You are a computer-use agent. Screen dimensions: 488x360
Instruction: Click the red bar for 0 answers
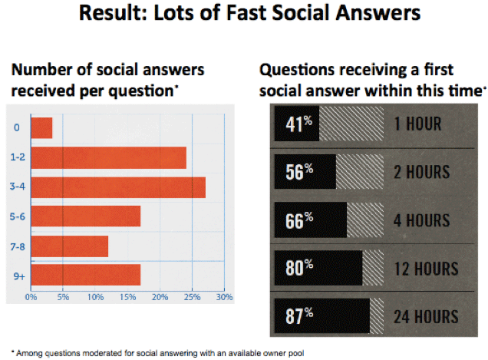(41, 127)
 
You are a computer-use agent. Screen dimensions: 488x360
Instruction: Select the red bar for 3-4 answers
(118, 187)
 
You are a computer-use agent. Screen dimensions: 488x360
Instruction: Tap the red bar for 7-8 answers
(70, 246)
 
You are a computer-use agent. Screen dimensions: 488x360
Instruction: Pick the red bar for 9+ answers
(86, 275)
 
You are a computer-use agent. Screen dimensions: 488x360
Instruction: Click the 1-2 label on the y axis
(18, 157)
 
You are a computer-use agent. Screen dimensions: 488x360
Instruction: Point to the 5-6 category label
(18, 216)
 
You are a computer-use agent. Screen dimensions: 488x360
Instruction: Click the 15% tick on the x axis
(127, 297)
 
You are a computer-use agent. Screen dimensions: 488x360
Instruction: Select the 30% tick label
(224, 297)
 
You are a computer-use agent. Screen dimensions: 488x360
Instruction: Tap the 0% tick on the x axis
(31, 297)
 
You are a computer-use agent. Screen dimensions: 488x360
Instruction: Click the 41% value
(298, 124)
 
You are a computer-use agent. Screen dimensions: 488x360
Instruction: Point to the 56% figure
(299, 172)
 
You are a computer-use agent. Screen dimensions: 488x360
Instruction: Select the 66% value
(299, 220)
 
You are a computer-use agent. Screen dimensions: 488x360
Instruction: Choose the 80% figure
(299, 268)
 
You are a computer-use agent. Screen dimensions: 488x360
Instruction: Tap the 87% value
(299, 316)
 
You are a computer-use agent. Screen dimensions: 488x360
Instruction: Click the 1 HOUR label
(417, 124)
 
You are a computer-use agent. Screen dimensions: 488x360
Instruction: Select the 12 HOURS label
(427, 269)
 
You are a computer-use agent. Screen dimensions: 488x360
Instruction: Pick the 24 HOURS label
(426, 317)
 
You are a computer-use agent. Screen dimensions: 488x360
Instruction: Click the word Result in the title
(113, 13)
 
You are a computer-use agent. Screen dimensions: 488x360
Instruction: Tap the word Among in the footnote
(30, 353)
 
